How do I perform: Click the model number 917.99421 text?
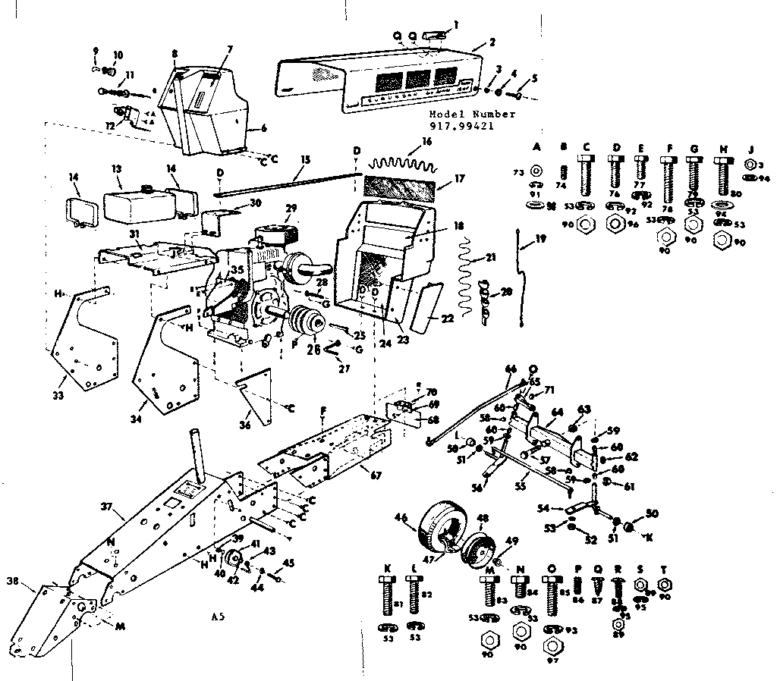coord(472,127)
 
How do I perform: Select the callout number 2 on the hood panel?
coord(492,42)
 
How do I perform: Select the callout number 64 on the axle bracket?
coord(558,413)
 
